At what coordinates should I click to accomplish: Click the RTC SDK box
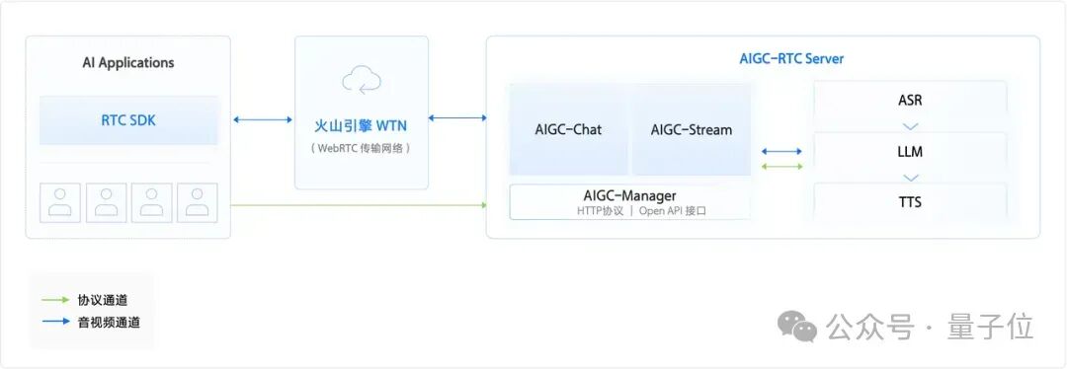point(128,120)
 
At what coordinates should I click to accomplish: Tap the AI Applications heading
point(128,63)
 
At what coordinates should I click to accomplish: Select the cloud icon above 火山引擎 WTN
point(362,79)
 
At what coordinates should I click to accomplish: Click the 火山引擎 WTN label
point(362,126)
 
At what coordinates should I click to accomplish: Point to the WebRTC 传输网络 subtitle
point(362,148)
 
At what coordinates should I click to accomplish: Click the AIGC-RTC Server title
point(791,59)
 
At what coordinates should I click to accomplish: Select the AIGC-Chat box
point(568,129)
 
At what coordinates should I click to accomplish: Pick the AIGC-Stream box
point(692,129)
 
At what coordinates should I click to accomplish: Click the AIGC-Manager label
point(629,195)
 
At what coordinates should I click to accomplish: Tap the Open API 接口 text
point(673,211)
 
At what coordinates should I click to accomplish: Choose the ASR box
point(910,101)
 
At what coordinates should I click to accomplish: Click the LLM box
point(910,152)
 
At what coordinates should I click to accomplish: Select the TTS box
point(910,202)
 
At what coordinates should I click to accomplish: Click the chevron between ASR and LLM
point(910,126)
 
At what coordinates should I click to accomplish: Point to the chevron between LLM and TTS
point(910,178)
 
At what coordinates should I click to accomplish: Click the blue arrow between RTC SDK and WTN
point(262,120)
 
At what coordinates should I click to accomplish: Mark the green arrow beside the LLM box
point(781,166)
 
